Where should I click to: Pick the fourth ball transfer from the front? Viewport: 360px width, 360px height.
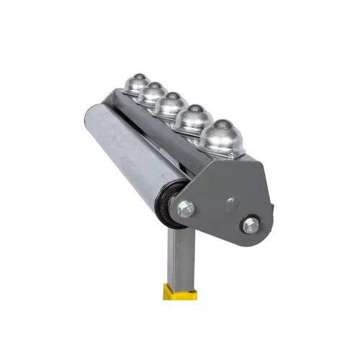[x=152, y=94]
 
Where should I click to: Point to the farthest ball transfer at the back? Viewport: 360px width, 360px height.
[x=135, y=84]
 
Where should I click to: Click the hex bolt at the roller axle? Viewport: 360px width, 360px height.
[x=186, y=209]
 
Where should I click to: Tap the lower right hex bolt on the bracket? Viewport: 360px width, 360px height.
[x=250, y=225]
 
